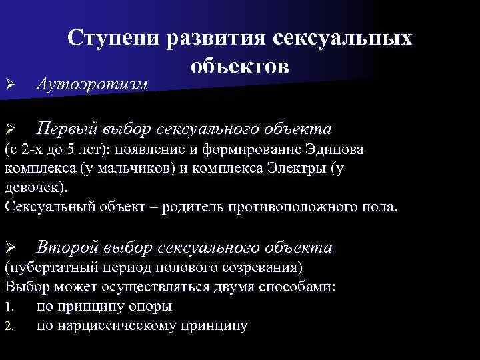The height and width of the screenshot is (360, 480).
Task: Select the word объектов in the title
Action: pyautogui.click(x=240, y=65)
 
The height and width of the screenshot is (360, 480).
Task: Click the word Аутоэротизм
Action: pyautogui.click(x=91, y=83)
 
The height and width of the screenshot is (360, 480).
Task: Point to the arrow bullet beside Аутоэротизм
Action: pyautogui.click(x=9, y=84)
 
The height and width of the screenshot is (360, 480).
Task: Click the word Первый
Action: pyautogui.click(x=67, y=127)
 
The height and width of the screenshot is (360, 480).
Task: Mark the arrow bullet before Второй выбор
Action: pyautogui.click(x=9, y=248)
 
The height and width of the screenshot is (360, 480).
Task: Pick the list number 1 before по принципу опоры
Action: pyautogui.click(x=8, y=307)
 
